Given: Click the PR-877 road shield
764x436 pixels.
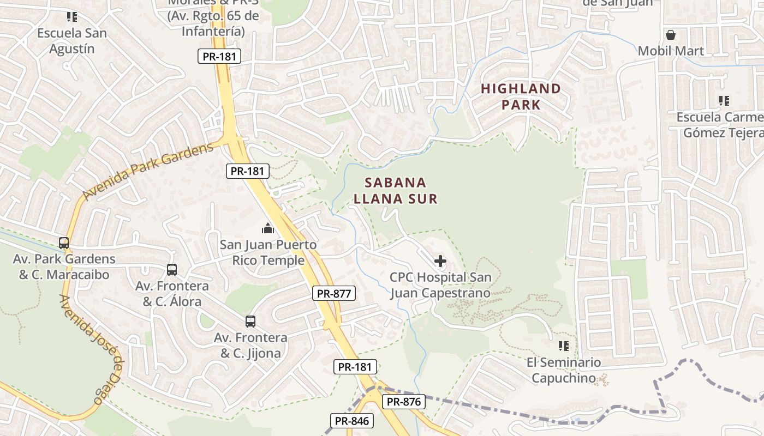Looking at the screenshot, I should click(334, 293).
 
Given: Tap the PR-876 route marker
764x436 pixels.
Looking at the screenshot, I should click(403, 402).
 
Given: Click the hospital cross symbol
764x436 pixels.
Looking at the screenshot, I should click(440, 261).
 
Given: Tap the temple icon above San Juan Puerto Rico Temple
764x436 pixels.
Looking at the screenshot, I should click(268, 228).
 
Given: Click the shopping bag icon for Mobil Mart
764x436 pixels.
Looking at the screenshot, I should click(671, 35).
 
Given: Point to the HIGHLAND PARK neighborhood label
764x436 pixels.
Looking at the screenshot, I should click(521, 96).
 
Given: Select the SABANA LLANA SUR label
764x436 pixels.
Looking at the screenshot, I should click(396, 190).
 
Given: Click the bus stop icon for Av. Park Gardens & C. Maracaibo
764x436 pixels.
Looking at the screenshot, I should click(64, 243).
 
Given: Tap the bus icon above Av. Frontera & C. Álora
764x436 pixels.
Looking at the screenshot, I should click(172, 269).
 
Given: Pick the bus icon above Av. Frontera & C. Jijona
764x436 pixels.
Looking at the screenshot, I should click(250, 322).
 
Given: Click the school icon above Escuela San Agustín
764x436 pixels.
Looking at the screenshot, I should click(71, 17).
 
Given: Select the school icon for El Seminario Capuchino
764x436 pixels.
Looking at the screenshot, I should click(564, 346).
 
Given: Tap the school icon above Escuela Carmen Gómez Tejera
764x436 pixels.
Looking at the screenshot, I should click(724, 101).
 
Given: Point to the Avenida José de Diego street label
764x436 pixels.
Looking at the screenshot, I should click(91, 349).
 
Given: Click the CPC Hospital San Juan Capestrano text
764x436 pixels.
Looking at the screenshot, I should click(440, 285).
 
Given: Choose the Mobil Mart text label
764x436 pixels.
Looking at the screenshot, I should click(671, 51).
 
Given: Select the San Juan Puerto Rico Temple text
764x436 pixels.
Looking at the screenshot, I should click(268, 252).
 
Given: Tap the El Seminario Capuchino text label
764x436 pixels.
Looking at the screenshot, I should click(564, 370).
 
